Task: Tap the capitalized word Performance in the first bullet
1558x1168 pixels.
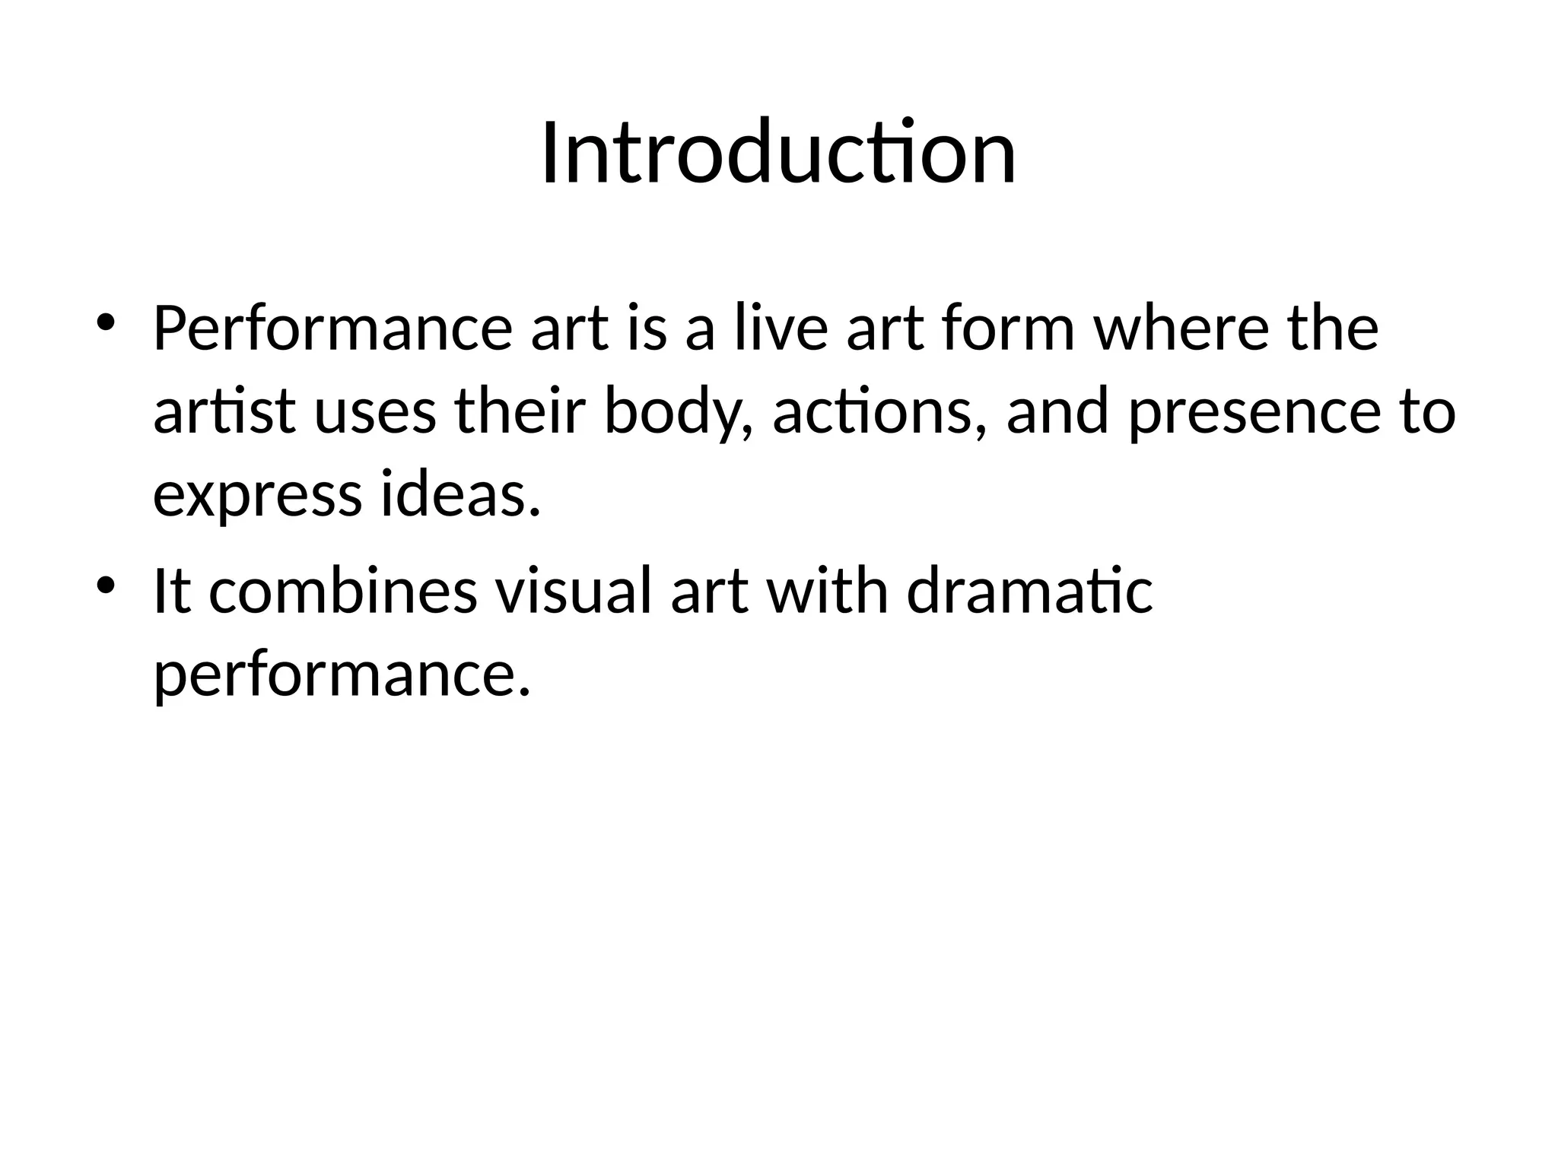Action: pyautogui.click(x=332, y=328)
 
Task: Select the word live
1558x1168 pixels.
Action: pyautogui.click(x=781, y=328)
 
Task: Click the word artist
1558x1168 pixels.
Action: pyautogui.click(x=224, y=411)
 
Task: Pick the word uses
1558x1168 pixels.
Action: pyautogui.click(x=375, y=411)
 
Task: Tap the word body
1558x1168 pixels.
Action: pyautogui.click(x=677, y=411)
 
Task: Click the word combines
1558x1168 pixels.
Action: pyautogui.click(x=343, y=592)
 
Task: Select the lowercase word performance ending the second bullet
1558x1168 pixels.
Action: pyautogui.click(x=341, y=675)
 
